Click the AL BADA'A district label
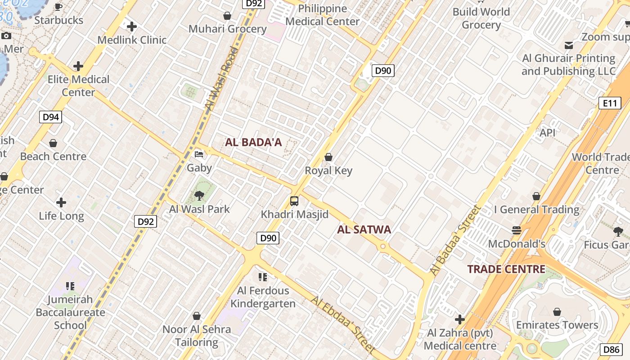(253, 143)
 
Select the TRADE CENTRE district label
(506, 270)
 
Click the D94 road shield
(50, 117)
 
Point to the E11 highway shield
(610, 103)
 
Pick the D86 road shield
(612, 350)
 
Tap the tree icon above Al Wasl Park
(199, 196)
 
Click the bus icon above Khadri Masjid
(294, 201)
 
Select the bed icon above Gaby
(199, 155)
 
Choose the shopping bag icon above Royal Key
(328, 157)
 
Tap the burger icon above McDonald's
(517, 230)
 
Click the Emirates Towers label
(557, 325)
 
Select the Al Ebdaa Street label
(343, 324)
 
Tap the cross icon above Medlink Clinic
(132, 27)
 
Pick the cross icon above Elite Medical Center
(78, 66)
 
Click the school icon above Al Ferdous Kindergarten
(262, 277)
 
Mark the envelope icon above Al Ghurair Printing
(569, 45)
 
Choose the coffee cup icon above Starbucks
(58, 7)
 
